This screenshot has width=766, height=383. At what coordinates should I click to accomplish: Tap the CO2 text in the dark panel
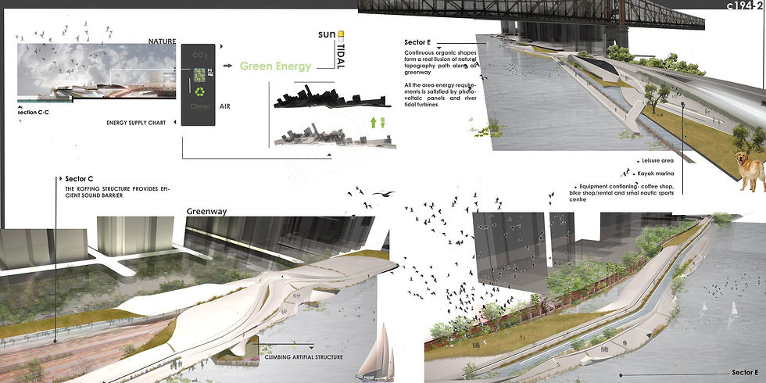coord(200,55)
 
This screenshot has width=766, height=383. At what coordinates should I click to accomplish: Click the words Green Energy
coord(275,66)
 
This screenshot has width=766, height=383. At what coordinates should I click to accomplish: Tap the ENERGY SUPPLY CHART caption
coord(140,123)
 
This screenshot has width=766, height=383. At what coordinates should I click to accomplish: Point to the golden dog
coord(750,170)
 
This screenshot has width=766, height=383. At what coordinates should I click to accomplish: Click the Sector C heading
coord(80,179)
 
